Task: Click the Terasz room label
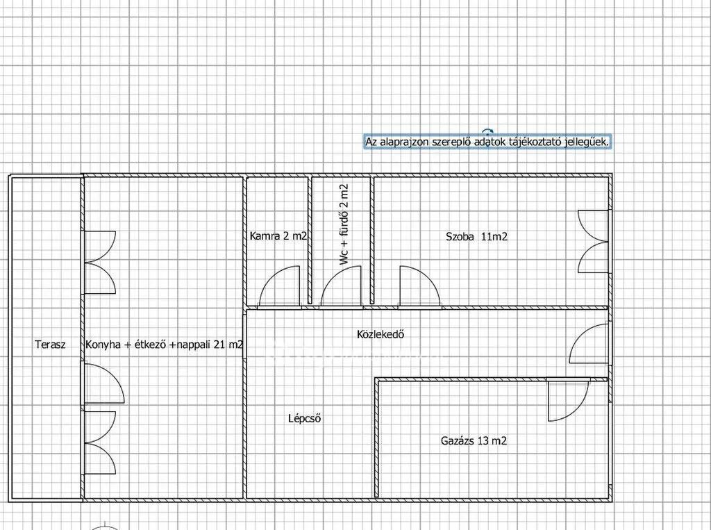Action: click(50, 345)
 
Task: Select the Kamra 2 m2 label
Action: click(278, 236)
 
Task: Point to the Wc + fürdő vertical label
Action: click(344, 224)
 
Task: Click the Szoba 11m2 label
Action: click(476, 236)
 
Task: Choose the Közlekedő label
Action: click(380, 334)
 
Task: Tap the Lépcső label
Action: click(305, 418)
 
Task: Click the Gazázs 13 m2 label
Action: click(474, 440)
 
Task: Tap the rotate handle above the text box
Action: click(487, 132)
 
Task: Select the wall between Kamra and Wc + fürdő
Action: click(310, 240)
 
